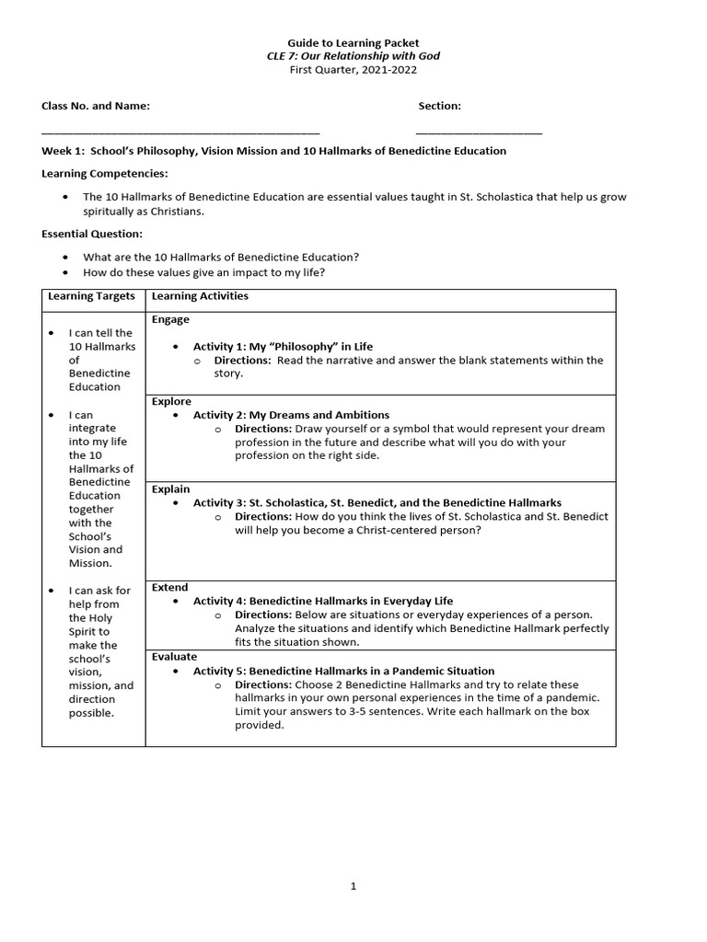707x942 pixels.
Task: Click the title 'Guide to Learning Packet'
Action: (353, 42)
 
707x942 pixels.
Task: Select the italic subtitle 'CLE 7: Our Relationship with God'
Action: (353, 56)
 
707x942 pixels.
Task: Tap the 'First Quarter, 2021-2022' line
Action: (353, 69)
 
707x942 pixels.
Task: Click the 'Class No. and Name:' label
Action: (96, 106)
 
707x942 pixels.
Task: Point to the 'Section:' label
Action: (439, 106)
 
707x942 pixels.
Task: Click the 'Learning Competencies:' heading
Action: (105, 173)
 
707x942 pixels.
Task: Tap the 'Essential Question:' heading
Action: (92, 234)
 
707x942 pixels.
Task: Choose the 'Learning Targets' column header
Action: (92, 296)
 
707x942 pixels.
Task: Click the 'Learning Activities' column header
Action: (200, 296)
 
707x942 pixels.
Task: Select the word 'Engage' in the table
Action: (170, 319)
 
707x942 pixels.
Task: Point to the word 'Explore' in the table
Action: (171, 401)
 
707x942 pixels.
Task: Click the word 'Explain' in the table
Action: (170, 489)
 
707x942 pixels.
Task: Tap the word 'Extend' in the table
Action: (169, 587)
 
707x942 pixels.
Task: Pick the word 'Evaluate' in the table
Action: (174, 657)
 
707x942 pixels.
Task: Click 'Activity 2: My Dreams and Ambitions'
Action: (291, 415)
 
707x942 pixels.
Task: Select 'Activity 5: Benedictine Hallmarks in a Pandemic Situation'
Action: (343, 671)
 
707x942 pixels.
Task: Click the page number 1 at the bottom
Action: (353, 886)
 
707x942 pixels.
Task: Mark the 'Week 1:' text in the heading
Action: (63, 151)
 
